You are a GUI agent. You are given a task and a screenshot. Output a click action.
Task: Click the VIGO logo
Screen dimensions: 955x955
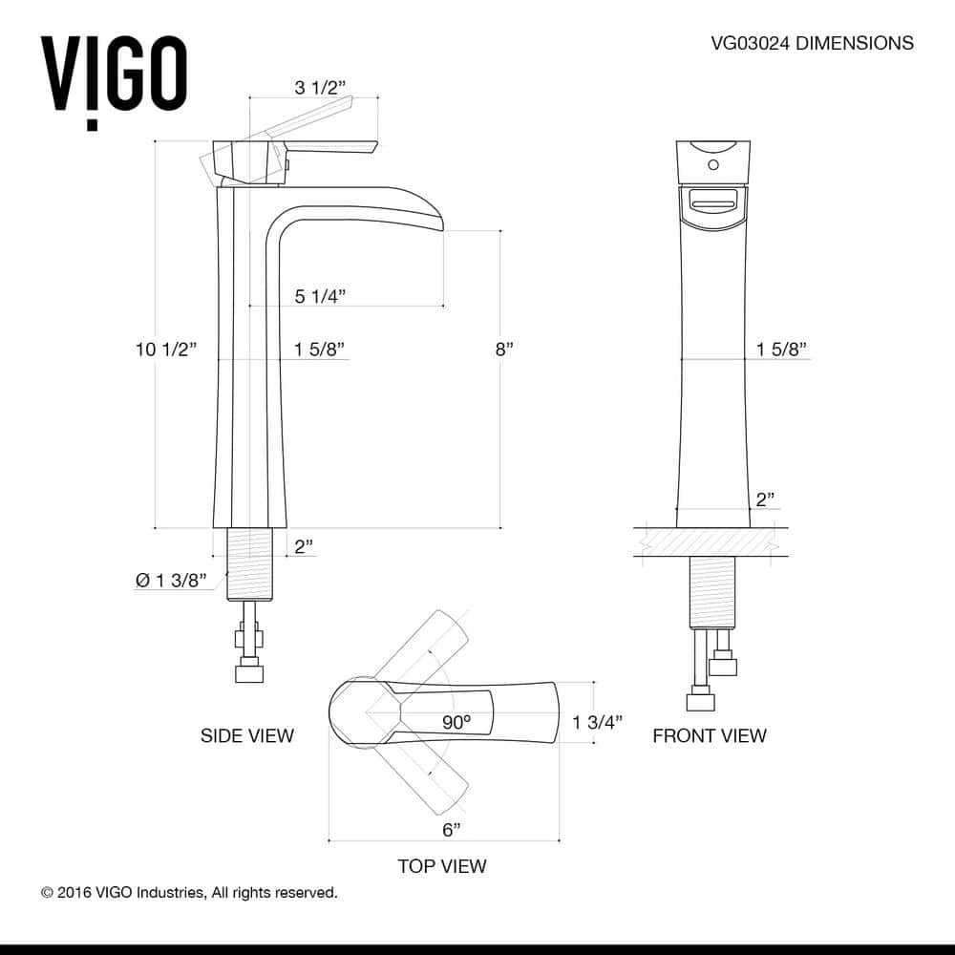tap(113, 78)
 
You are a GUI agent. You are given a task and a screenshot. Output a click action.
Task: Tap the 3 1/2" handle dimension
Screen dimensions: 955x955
tap(320, 88)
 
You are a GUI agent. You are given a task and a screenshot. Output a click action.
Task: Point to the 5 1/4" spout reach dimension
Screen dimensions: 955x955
tap(320, 296)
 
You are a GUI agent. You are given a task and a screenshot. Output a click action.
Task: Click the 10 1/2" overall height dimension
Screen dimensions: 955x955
tap(165, 350)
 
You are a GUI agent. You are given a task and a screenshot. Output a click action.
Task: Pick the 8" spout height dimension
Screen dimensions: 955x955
tap(504, 350)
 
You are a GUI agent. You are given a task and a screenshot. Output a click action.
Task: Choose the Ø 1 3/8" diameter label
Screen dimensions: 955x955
tap(172, 580)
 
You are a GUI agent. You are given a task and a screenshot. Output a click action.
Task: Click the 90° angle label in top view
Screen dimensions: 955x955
tap(456, 722)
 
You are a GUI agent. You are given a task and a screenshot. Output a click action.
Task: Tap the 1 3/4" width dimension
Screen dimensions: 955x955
tap(598, 722)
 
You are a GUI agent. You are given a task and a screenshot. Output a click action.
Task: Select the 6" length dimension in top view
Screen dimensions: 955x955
tap(452, 829)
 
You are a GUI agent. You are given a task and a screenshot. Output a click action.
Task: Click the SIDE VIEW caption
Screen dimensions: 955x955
tap(246, 735)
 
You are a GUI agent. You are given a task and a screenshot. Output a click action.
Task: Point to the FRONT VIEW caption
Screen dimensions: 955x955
tap(709, 735)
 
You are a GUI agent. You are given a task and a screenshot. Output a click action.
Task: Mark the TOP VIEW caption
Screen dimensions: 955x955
tap(442, 866)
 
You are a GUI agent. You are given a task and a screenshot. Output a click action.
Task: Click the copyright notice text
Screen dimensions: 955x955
tap(189, 893)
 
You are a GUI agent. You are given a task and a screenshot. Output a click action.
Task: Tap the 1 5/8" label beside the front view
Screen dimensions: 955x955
tap(782, 350)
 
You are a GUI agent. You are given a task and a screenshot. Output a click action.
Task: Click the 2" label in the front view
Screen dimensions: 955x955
tap(765, 499)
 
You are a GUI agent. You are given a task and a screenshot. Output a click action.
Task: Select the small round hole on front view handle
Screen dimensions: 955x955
tap(712, 167)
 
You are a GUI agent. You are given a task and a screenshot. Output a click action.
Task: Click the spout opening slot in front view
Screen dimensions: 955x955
tap(712, 202)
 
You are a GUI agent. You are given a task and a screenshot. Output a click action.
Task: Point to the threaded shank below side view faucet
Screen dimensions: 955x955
tap(248, 564)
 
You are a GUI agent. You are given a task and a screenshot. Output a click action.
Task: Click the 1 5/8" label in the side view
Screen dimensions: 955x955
tap(320, 350)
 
